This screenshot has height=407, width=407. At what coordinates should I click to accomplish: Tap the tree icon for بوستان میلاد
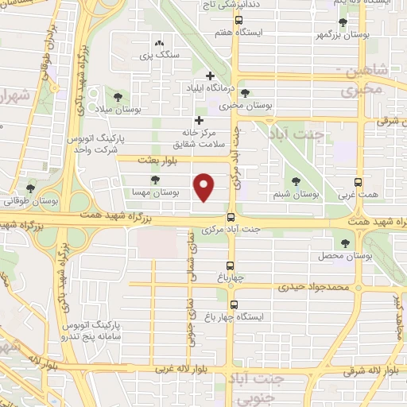(x=118, y=97)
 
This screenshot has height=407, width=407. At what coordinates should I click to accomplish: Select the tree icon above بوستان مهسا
(x=154, y=180)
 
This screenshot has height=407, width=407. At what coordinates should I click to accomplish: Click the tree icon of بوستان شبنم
(x=296, y=180)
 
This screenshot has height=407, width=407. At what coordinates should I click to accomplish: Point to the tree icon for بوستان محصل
(x=345, y=243)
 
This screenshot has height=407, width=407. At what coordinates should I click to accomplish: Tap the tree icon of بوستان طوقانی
(x=30, y=188)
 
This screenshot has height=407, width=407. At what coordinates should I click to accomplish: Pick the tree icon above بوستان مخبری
(x=245, y=92)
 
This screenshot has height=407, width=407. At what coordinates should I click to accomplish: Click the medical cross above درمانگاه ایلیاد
(x=210, y=76)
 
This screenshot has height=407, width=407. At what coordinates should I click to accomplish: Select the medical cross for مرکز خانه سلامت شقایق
(x=199, y=120)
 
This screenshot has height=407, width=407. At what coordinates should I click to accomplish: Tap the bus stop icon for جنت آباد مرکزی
(x=231, y=217)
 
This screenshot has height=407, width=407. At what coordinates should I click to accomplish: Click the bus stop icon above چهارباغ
(x=231, y=266)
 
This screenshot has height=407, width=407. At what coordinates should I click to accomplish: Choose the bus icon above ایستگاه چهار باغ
(x=234, y=304)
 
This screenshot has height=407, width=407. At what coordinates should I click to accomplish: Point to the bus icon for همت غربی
(x=359, y=181)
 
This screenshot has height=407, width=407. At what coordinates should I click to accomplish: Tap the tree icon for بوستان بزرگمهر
(x=343, y=22)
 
